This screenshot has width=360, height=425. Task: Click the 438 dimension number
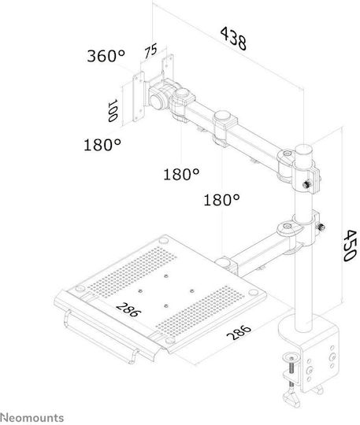tap(234, 39)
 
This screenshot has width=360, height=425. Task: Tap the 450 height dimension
tap(349, 246)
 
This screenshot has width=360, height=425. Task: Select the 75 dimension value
tap(150, 51)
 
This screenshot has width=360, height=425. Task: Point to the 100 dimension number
tap(112, 111)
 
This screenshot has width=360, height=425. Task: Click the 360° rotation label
tap(106, 56)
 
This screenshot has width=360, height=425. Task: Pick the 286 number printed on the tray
tap(128, 309)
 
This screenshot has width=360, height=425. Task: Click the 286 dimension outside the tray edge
tap(239, 332)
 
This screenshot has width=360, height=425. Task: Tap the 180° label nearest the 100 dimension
tap(102, 145)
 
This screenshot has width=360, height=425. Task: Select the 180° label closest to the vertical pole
tap(221, 200)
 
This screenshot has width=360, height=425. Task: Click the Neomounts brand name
tap(32, 417)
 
